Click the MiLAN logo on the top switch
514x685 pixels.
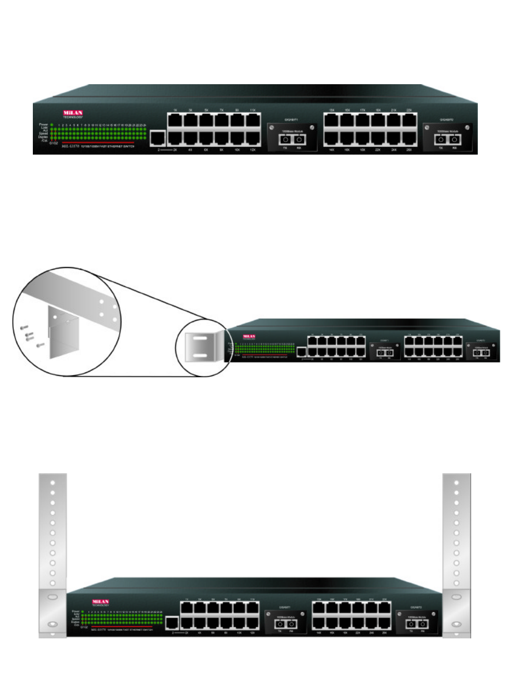[x=73, y=113]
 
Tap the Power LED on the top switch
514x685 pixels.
[x=51, y=125]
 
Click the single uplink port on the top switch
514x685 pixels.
[x=158, y=139]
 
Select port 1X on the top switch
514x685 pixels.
[x=175, y=120]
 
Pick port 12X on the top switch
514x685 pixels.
[x=253, y=138]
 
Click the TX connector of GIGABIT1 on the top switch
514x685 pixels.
[x=286, y=140]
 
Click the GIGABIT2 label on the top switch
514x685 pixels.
[x=446, y=120]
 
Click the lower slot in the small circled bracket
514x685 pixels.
[x=200, y=355]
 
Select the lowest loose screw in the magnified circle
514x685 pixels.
[x=41, y=344]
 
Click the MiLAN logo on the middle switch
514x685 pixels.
[x=249, y=337]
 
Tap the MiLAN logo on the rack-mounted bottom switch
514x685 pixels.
[x=100, y=602]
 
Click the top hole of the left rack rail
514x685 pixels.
[x=53, y=482]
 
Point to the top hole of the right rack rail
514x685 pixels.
[x=456, y=482]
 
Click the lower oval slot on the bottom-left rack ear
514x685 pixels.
[x=53, y=624]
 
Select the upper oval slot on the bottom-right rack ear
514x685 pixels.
[x=456, y=597]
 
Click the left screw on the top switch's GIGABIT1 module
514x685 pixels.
[x=272, y=127]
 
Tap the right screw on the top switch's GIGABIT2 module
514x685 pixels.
[x=468, y=127]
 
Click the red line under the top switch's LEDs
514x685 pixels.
[x=98, y=142]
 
